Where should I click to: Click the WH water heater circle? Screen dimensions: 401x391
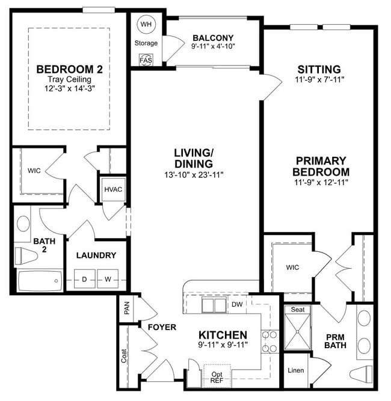pos(146,25)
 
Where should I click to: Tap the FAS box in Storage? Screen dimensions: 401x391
pos(146,61)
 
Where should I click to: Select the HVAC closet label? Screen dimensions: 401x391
pos(113,189)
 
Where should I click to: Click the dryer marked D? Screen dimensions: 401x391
pos(85,279)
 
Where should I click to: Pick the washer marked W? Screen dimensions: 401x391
pos(108,279)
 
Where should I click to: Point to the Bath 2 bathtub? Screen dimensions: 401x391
pos(40,280)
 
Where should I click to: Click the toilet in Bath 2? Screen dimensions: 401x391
pos(26,256)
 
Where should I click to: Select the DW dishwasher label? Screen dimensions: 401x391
pos(237,304)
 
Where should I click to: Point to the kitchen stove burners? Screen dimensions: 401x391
pos(269,341)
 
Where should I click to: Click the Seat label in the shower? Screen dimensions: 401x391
pos(298,310)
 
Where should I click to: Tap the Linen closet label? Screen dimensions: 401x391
pos(295,370)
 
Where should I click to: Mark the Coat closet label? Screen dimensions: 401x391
pos(124,357)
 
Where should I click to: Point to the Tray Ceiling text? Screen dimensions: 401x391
pos(69,79)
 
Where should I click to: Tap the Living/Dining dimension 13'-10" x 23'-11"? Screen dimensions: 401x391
pos(194,175)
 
